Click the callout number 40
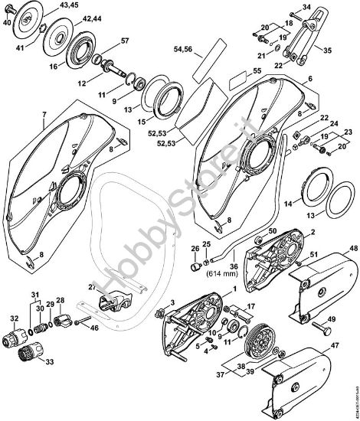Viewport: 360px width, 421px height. click(x=7, y=23)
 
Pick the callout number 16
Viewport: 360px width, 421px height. click(x=74, y=67)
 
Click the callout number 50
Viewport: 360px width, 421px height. click(x=272, y=230)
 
